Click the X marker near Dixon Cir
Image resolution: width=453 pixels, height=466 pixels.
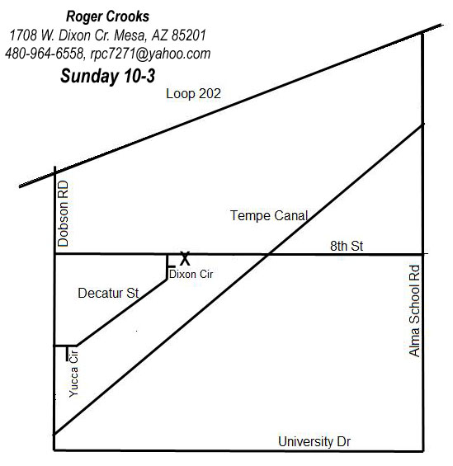coord(185,258)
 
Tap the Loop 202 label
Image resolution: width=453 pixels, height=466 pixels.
coord(193,94)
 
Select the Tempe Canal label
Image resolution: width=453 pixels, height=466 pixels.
coord(269,216)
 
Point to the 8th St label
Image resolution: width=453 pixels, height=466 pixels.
coord(347,246)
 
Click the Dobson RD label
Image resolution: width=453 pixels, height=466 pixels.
coord(63,214)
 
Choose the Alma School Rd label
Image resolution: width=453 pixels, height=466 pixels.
coord(414,311)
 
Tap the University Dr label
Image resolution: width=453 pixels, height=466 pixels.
coord(314,441)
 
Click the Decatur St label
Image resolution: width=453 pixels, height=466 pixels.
coord(108,294)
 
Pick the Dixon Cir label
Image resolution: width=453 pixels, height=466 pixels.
coord(191,275)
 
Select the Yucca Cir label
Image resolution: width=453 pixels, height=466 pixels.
coord(73,374)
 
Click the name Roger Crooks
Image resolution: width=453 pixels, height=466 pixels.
coord(107,16)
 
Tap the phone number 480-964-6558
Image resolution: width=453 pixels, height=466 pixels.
coord(45,54)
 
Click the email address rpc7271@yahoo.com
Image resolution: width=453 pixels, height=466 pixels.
coord(150,54)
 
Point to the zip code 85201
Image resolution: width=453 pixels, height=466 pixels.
coord(189,35)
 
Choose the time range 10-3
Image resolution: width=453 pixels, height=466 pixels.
coord(139,76)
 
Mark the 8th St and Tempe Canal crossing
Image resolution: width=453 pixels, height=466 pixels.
coord(268,254)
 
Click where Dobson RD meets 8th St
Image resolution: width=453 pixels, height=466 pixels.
coord(54,254)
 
